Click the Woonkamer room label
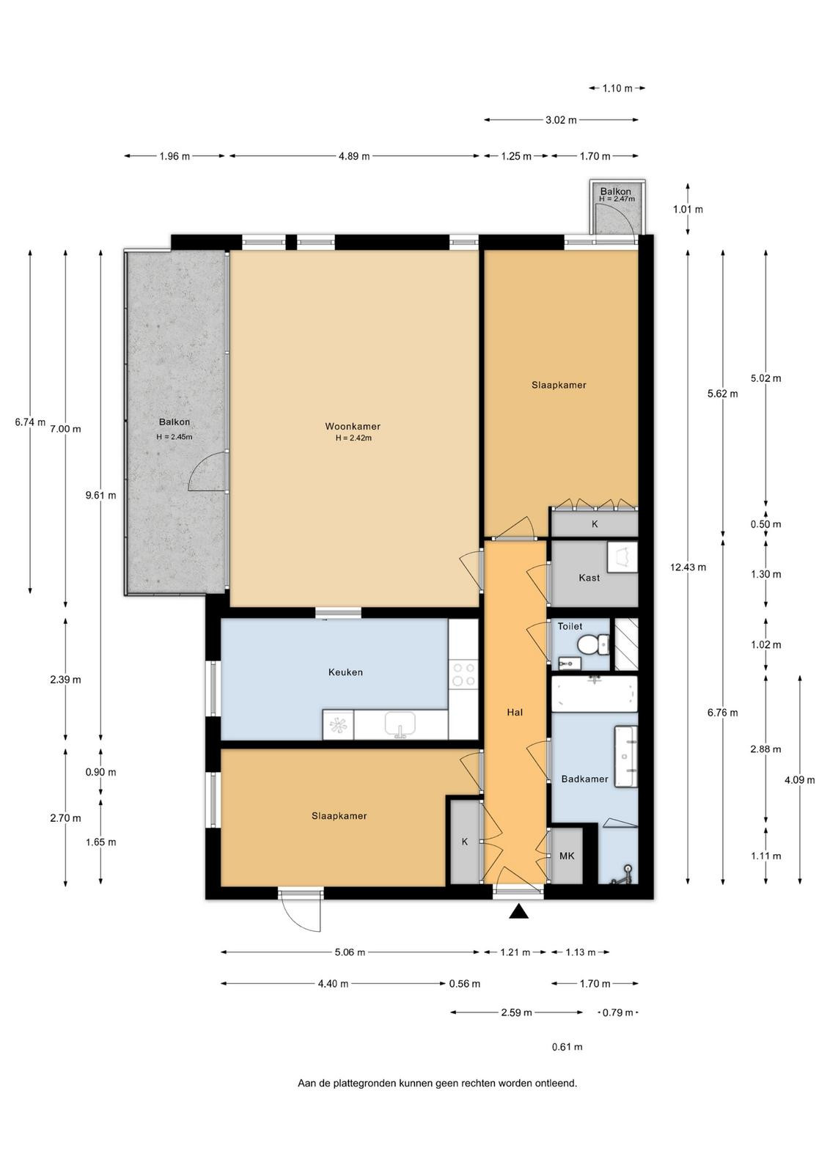coord(353,426)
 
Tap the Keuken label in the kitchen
coord(345,672)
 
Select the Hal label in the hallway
coord(514,712)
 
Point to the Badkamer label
coord(584,779)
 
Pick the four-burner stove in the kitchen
coord(463,674)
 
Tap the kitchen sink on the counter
coord(400,725)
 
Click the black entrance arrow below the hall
coord(518,911)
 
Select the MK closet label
coord(567,856)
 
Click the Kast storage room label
coord(589,578)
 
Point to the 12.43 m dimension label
coord(688,567)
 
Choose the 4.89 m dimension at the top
coord(355,156)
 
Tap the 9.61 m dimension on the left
coord(101,495)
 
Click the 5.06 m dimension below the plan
coord(350,952)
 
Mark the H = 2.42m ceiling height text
coord(353,438)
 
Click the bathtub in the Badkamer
coord(595,694)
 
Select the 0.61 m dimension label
coord(567,1047)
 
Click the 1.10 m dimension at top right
coord(617,88)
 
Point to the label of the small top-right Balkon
coord(616,191)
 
